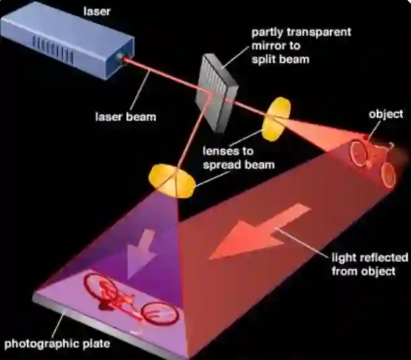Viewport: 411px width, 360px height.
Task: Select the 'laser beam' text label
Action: point(125,117)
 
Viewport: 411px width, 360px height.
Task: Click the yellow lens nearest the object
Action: point(277,119)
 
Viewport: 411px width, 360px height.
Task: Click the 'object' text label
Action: point(386,114)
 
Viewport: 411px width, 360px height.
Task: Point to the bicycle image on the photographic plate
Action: point(131,300)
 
